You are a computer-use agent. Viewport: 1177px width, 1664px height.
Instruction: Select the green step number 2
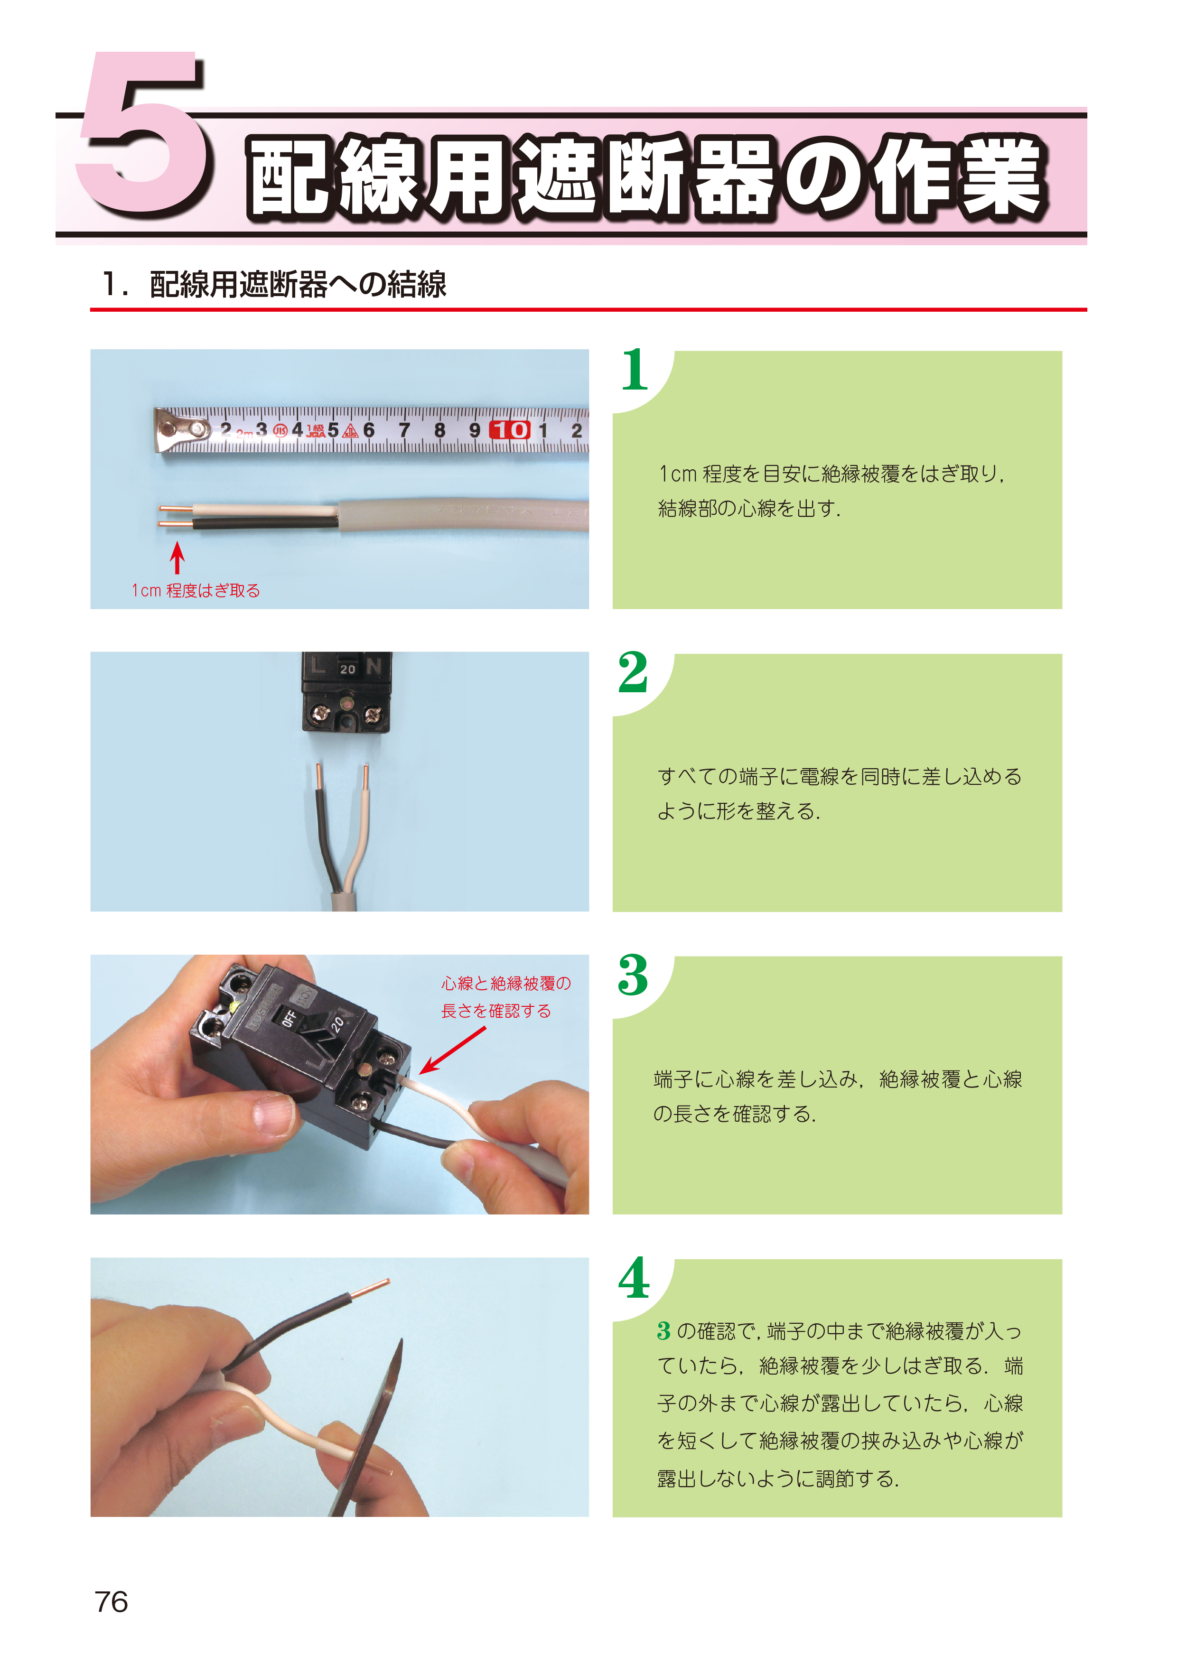point(633,672)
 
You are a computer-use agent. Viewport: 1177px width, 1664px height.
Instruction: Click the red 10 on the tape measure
point(510,430)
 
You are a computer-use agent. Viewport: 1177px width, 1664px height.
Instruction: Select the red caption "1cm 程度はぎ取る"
point(196,591)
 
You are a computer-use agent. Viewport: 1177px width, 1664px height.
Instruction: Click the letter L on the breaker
point(318,665)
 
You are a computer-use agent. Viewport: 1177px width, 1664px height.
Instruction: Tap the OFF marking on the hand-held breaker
point(289,1018)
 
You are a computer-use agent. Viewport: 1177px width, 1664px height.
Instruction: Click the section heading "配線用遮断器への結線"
point(298,284)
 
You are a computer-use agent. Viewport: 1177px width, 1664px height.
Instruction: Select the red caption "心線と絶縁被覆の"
point(506,984)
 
